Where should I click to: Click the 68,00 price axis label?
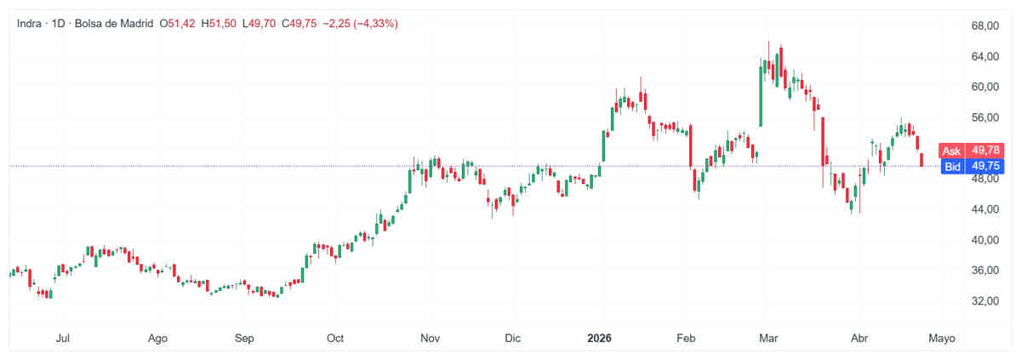tap(962, 26)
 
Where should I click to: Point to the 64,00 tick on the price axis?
tap(962, 56)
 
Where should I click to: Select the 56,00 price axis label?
tap(962, 117)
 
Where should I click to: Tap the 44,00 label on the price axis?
tap(962, 209)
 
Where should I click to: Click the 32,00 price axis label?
tap(962, 301)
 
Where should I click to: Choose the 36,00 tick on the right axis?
tap(962, 271)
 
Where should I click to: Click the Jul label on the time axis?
tap(62, 338)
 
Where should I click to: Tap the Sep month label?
tap(244, 338)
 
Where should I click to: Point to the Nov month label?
tap(430, 338)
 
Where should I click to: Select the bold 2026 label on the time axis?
tap(602, 338)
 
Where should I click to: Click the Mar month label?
tap(769, 338)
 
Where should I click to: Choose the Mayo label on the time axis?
tap(940, 338)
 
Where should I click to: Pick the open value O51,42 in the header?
tap(178, 24)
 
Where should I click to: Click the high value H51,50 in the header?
tap(220, 24)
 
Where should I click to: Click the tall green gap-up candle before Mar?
tap(761, 96)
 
